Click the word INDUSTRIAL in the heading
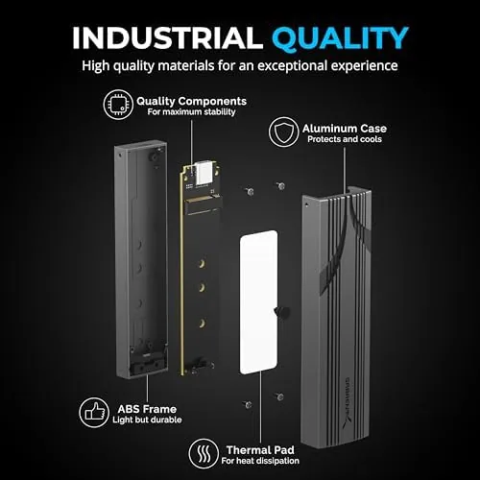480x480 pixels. tap(168, 37)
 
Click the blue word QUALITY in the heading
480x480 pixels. tap(341, 38)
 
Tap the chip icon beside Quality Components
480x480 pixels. tap(118, 105)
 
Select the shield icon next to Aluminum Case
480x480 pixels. tap(283, 132)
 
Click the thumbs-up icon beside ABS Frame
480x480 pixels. tap(94, 413)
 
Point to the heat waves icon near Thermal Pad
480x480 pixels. tap(204, 453)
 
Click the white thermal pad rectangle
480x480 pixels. tap(258, 302)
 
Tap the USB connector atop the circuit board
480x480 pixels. tap(204, 173)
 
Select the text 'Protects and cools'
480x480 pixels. tap(345, 139)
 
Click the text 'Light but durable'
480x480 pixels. tap(147, 420)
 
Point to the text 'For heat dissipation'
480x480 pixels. tap(260, 461)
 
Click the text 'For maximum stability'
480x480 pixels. tap(191, 111)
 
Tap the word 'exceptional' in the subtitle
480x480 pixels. tap(293, 66)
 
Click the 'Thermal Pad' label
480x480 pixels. tap(260, 450)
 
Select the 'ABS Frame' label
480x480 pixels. tap(147, 409)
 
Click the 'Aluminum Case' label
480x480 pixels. tap(345, 129)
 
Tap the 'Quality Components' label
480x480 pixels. tap(191, 101)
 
